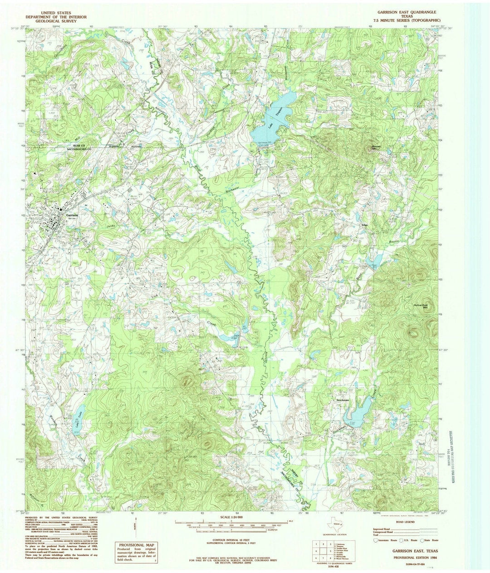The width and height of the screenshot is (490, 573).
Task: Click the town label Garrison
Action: click(72, 215)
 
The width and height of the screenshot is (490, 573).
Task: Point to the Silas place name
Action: click(363, 225)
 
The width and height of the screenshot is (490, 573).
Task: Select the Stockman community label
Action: click(343, 400)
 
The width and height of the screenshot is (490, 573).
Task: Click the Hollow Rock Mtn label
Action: click(422, 306)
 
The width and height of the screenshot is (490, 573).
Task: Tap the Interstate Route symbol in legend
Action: click(376, 540)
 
